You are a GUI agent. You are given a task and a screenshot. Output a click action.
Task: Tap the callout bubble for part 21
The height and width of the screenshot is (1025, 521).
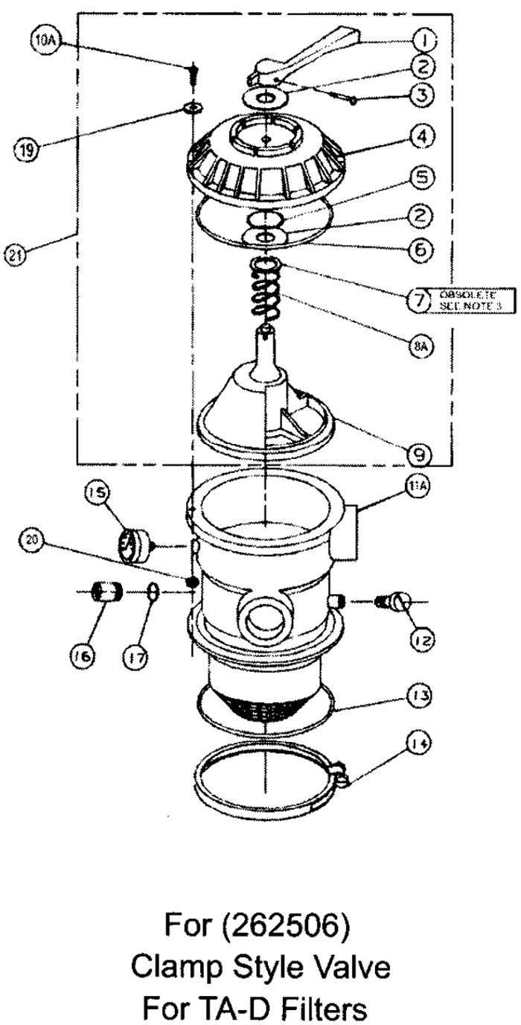(x=16, y=255)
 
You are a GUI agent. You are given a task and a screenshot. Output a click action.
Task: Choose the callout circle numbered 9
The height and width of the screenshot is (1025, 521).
(x=421, y=452)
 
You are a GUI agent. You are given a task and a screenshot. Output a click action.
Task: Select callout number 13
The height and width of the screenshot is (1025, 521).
(x=418, y=694)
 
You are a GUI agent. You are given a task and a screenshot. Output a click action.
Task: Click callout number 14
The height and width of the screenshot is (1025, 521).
(x=418, y=743)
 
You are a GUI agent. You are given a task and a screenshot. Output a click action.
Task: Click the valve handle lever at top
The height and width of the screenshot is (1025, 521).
(x=320, y=52)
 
